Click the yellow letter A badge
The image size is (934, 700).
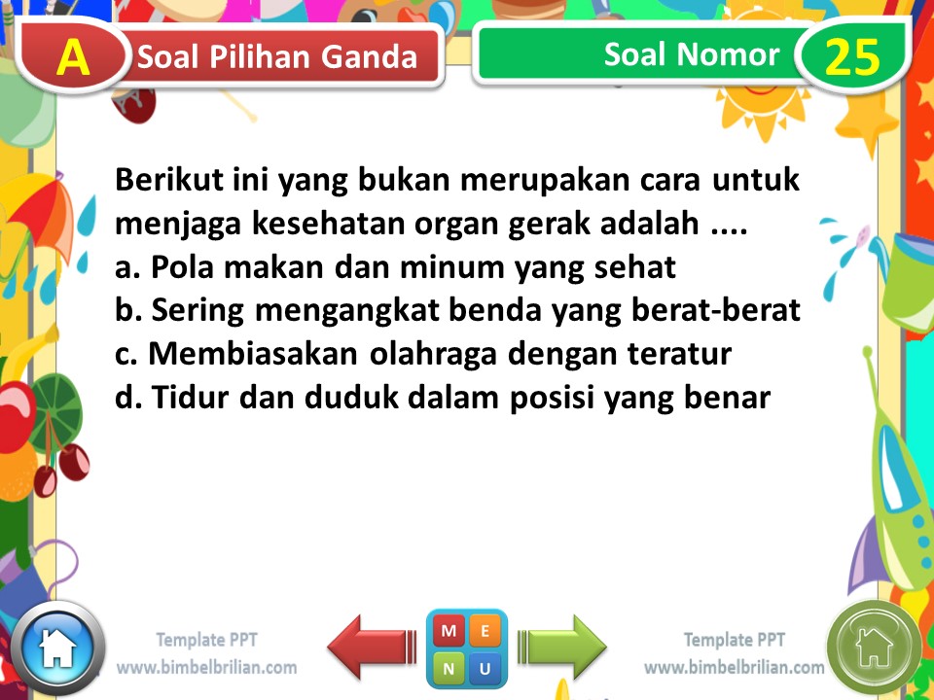pos(73,58)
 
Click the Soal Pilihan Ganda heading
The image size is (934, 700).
pos(277,58)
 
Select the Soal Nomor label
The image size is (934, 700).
pos(691,54)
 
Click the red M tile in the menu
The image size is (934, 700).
pos(449,631)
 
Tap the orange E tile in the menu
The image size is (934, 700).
pos(485,631)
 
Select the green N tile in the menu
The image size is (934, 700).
pos(449,668)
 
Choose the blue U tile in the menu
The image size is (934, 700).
pos(485,668)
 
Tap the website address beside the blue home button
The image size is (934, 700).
pos(206,668)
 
